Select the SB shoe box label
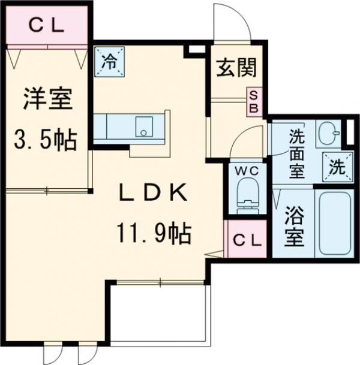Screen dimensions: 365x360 point(254,101)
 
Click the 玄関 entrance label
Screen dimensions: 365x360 point(236,68)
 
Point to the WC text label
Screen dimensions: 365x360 point(246,171)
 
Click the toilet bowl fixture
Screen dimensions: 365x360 point(246,196)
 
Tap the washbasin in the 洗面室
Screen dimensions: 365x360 point(328,134)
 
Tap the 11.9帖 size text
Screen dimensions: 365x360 point(155,233)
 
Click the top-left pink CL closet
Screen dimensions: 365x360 point(47,25)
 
